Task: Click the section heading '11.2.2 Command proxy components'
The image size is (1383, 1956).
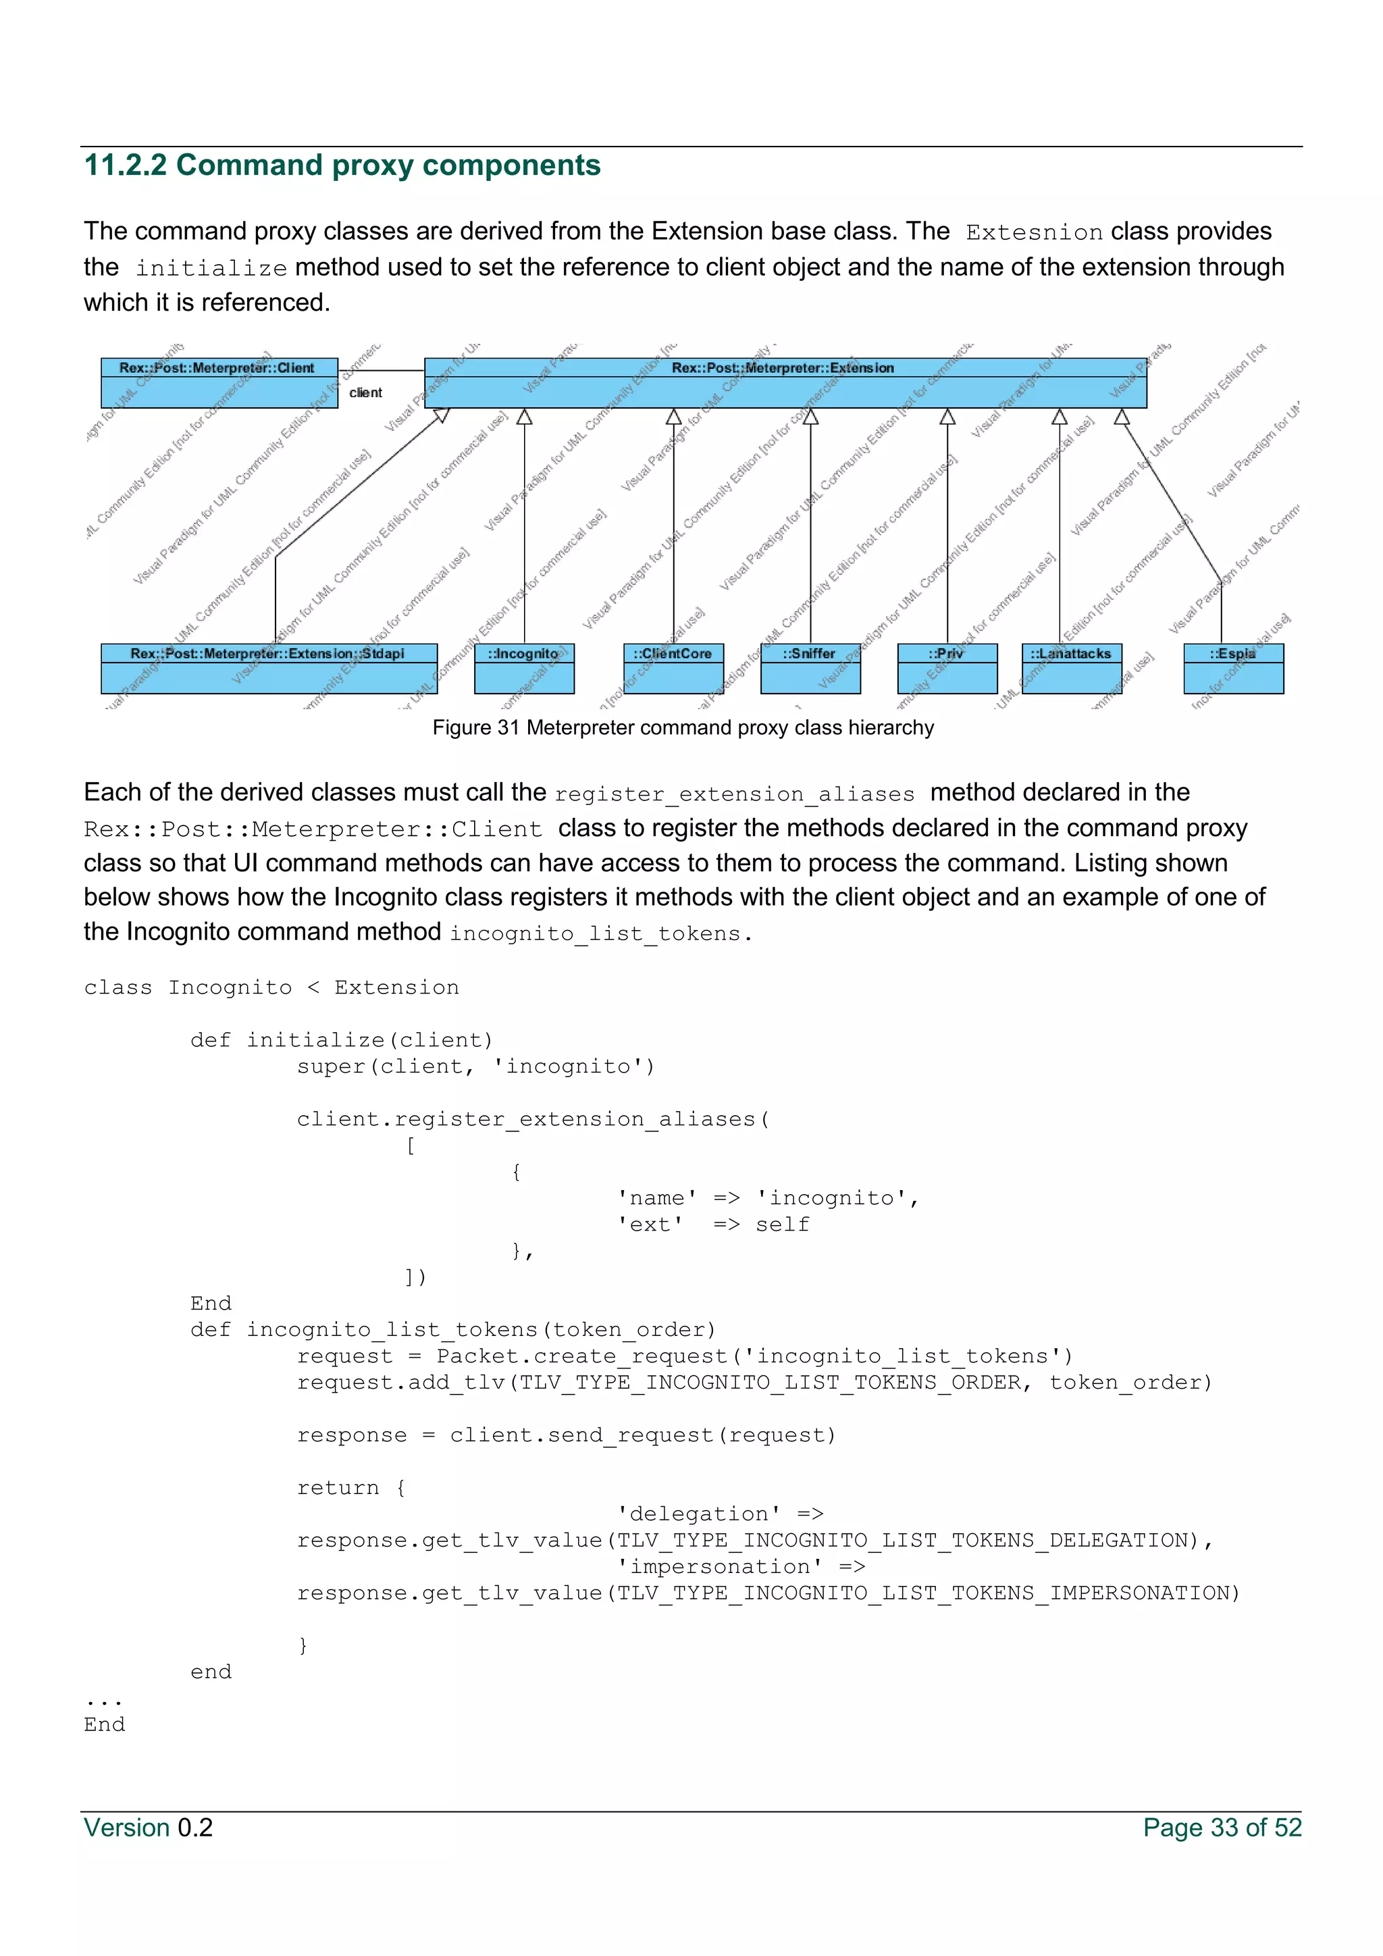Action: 342,165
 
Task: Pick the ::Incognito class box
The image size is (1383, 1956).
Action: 524,668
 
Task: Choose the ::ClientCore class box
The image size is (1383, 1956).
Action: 673,668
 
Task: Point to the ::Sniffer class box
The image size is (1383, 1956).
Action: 810,668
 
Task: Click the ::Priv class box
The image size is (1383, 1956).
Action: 946,668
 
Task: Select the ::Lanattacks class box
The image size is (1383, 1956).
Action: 1070,668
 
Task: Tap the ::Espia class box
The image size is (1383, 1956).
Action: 1232,668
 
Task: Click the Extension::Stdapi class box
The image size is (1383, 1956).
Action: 268,668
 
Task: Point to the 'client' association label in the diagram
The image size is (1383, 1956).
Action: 365,392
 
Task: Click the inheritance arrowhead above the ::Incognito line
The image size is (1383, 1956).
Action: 525,417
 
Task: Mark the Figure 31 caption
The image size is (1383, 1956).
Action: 683,727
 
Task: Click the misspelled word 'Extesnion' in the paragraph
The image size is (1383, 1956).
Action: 1034,232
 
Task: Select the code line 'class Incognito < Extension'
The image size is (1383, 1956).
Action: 271,987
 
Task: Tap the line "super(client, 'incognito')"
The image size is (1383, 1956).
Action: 475,1066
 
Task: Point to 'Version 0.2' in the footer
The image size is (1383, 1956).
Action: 148,1828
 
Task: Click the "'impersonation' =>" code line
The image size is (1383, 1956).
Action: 741,1567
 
